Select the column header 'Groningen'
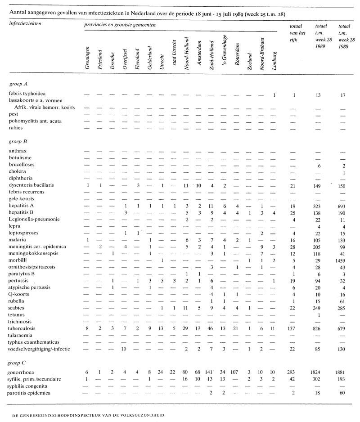(88, 57)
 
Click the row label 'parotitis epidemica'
(30, 393)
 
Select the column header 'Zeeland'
(249, 58)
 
